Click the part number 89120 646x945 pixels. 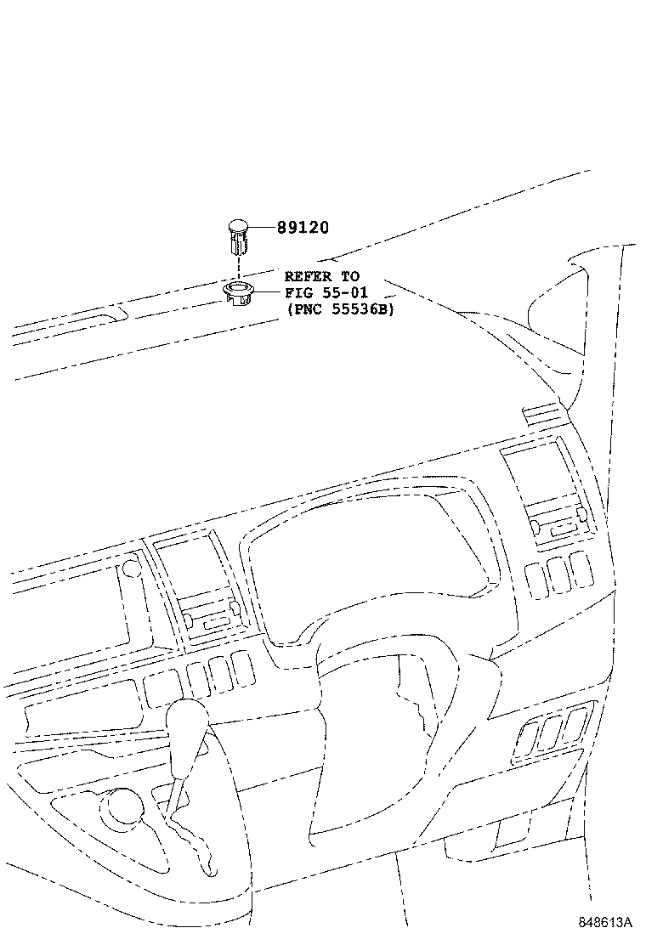point(303,228)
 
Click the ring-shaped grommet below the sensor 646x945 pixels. point(239,294)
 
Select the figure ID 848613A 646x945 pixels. point(607,922)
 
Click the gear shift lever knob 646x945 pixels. point(189,723)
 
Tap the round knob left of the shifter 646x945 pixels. point(121,806)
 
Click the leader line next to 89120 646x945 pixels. point(263,228)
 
